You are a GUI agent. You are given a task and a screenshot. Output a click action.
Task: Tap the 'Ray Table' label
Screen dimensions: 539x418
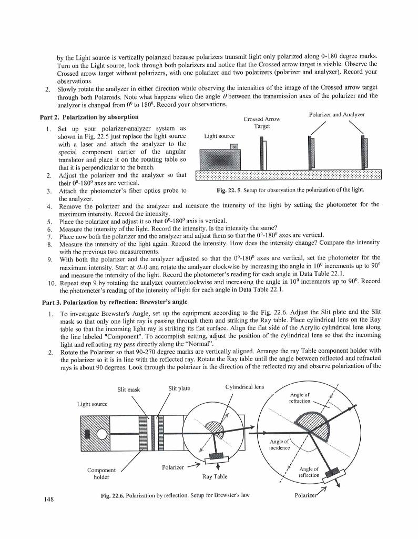[215, 477]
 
